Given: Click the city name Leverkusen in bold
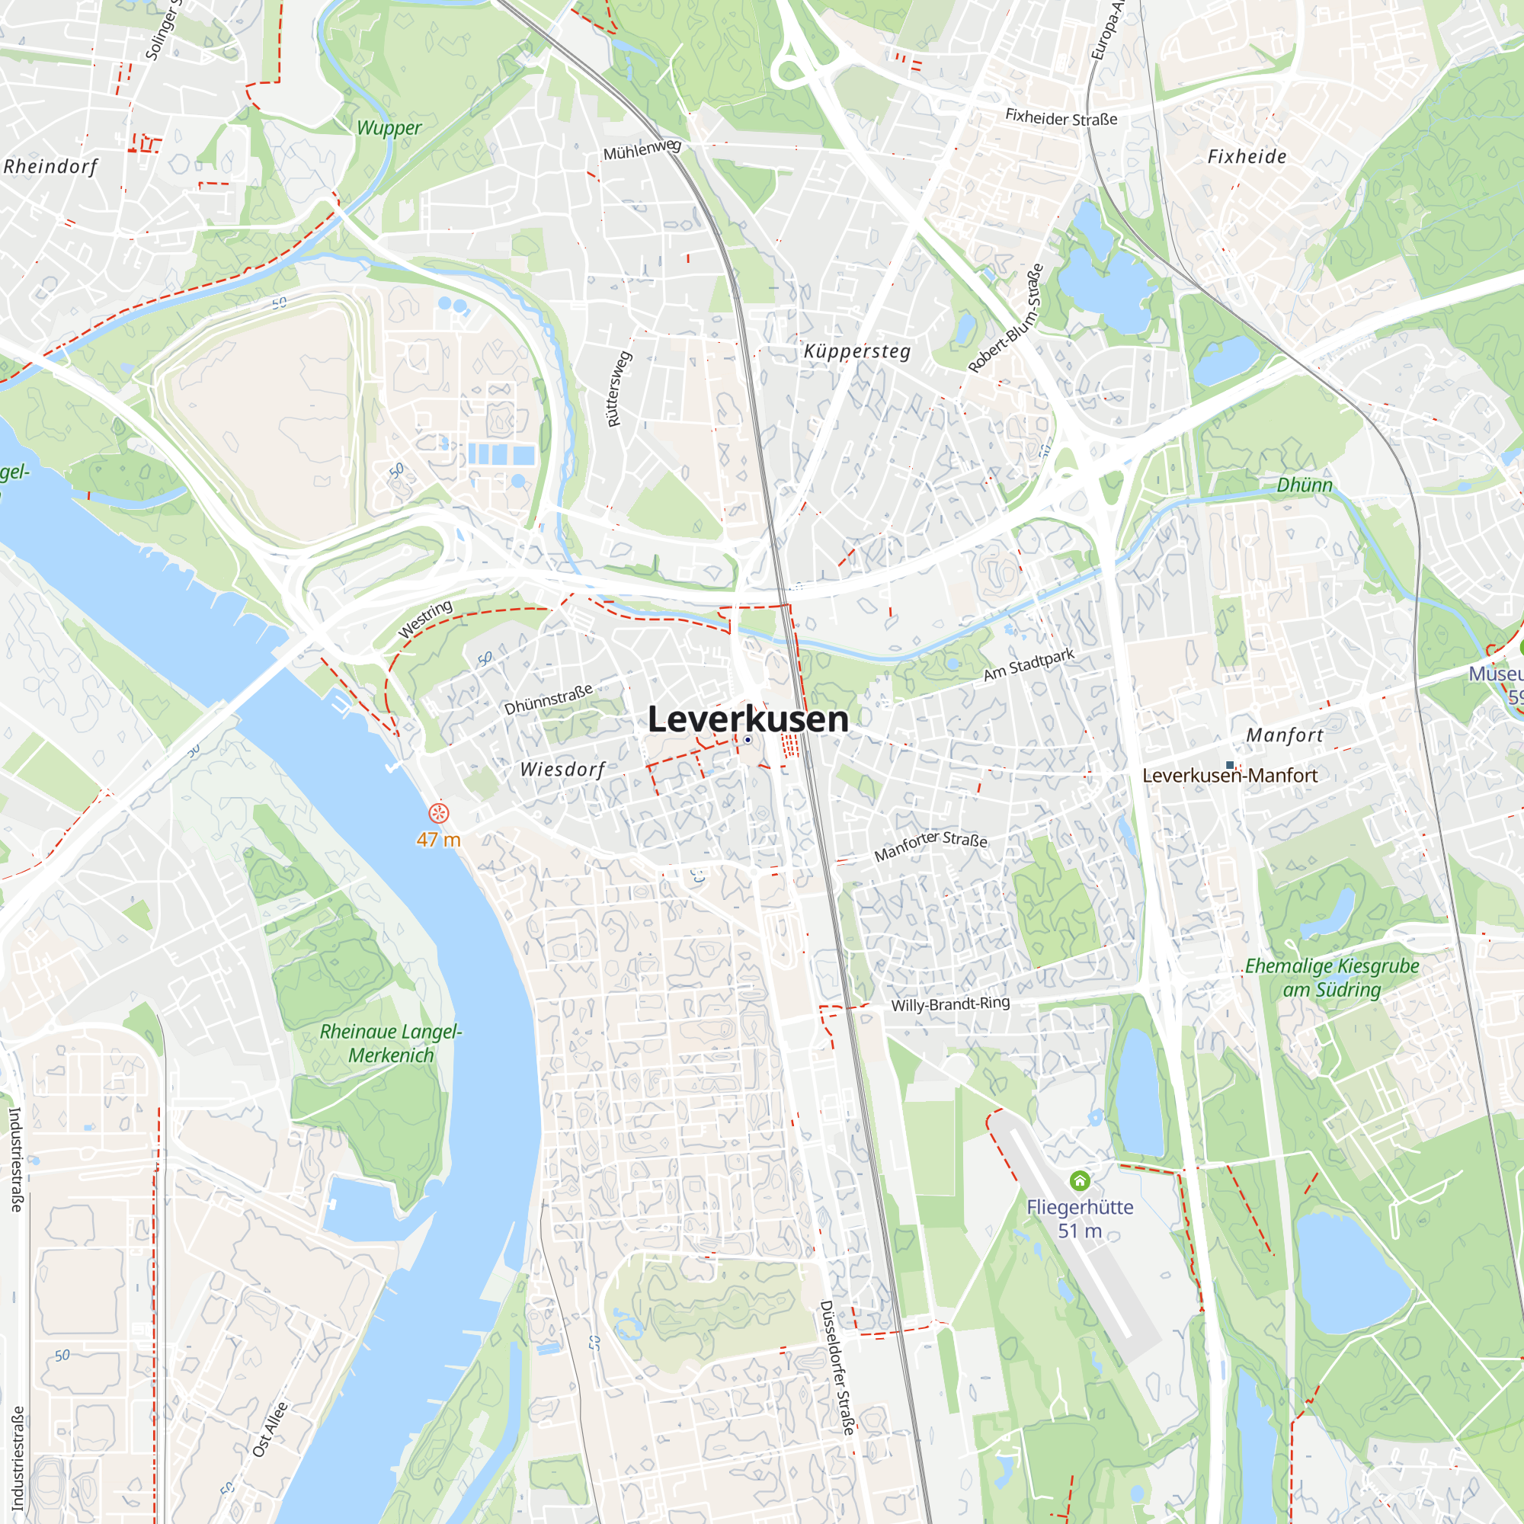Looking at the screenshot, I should coord(747,719).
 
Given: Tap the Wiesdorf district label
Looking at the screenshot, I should coord(562,769).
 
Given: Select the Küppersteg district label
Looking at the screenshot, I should coord(856,351).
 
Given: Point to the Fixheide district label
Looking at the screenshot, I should coord(1247,156).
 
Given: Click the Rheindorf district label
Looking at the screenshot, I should coord(50,166).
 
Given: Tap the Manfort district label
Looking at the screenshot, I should coord(1284,735).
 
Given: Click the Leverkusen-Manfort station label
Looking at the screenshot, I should coord(1229,776).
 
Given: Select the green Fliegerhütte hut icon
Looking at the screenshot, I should coord(1080,1181).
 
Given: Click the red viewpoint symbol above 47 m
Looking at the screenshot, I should coord(439,812).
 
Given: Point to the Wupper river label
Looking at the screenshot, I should coord(389,128).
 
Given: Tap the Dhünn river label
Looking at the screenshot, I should coord(1304,485).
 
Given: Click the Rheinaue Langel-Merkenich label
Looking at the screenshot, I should coord(390,1043).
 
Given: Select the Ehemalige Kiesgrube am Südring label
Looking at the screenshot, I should coord(1331,978).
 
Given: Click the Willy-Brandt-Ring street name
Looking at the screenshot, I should coord(949,1004).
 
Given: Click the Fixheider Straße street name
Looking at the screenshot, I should coord(1060,118).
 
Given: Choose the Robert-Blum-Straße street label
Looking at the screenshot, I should coord(1006,318).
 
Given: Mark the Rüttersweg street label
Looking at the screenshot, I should coord(620,389).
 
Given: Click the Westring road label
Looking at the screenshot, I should coord(425,619).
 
